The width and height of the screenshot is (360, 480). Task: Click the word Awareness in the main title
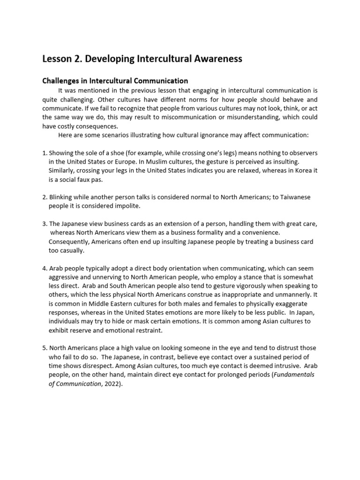point(218,59)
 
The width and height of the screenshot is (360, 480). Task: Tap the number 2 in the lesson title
point(74,59)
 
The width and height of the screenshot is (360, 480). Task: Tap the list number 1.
point(44,153)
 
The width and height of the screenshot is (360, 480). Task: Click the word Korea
point(297,171)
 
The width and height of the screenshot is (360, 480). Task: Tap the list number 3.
point(44,224)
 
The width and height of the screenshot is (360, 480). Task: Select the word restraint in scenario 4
point(147,330)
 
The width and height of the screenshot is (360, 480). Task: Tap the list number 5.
point(44,348)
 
